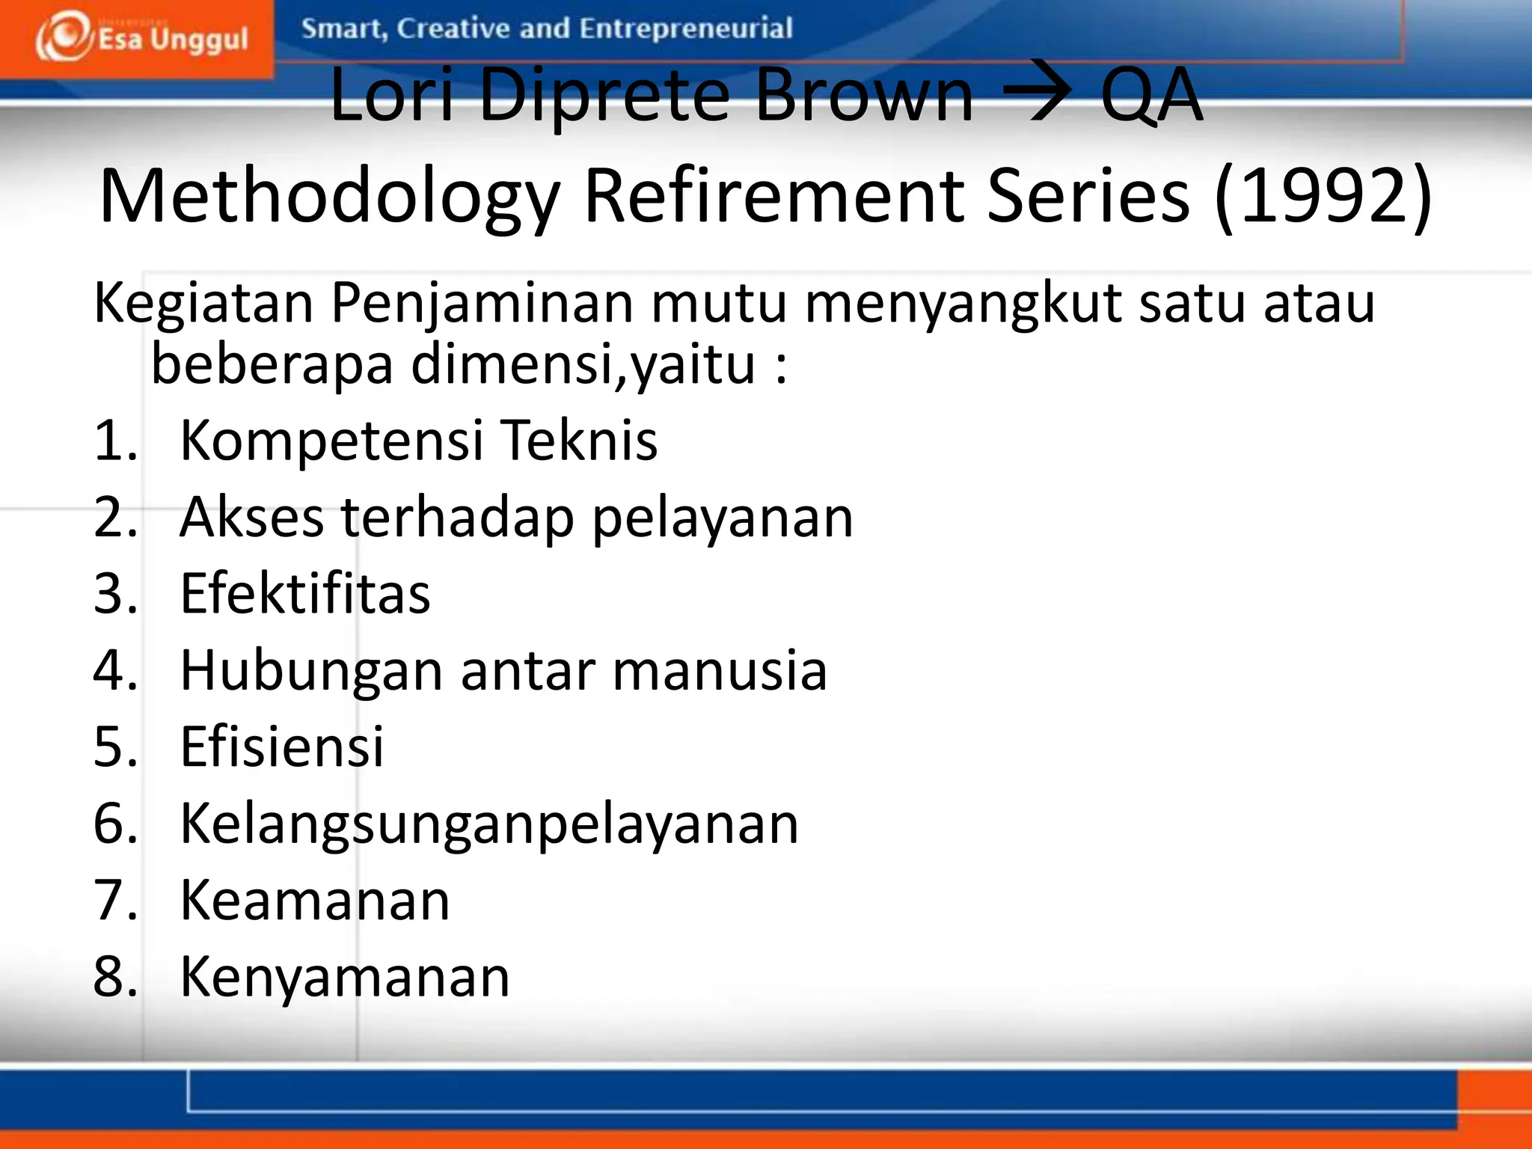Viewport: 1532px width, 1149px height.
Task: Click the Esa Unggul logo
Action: pos(142,37)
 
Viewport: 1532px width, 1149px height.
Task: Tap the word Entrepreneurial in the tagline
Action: pos(685,28)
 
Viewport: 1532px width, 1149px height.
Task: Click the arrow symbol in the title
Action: pos(1037,95)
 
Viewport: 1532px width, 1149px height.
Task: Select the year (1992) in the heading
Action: pos(1323,195)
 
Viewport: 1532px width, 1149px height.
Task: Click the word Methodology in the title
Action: pos(329,197)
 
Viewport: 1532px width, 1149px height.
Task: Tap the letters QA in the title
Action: pos(1152,95)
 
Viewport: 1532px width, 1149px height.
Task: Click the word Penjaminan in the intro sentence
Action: pos(482,304)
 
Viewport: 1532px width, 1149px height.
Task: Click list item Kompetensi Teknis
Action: pos(419,440)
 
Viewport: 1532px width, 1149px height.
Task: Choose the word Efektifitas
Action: pos(305,593)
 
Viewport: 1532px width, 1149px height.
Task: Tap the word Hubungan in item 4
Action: pos(312,670)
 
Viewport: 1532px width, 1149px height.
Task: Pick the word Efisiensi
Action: pos(282,747)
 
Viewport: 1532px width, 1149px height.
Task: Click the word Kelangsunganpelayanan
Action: pos(489,824)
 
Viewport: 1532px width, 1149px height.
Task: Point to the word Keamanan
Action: pos(315,900)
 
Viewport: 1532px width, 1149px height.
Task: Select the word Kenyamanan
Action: pos(345,977)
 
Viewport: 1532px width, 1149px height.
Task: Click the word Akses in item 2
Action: pos(252,517)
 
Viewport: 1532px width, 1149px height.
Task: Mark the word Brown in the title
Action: pos(864,95)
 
